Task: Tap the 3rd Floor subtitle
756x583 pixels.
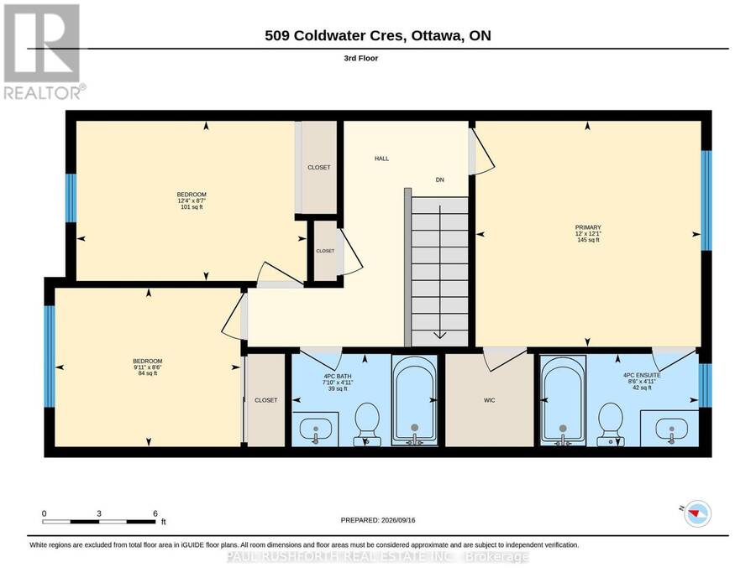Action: click(360, 58)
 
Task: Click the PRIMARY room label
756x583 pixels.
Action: click(588, 227)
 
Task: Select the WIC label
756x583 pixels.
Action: click(490, 400)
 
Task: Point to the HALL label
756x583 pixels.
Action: click(382, 159)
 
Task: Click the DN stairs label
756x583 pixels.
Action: click(439, 180)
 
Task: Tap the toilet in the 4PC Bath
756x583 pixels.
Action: click(367, 424)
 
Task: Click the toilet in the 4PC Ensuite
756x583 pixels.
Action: click(611, 424)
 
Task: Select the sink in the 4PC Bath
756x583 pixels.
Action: click(316, 429)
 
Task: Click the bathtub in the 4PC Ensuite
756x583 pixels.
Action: click(563, 399)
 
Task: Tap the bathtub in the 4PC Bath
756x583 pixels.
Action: click(415, 399)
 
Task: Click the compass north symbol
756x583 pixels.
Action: click(696, 513)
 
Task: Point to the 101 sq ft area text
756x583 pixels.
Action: click(192, 207)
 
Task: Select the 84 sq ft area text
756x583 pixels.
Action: click(148, 373)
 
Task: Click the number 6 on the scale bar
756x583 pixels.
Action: click(155, 513)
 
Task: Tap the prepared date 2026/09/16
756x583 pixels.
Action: click(398, 520)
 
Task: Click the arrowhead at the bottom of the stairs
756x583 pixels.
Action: click(439, 336)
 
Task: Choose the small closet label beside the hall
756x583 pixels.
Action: click(325, 251)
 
